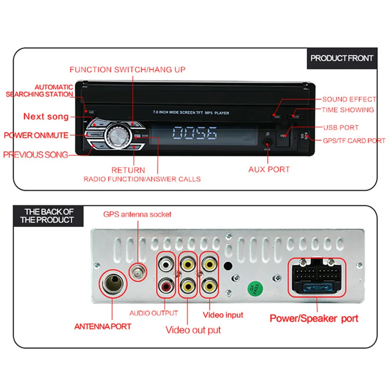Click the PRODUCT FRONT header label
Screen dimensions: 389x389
342,58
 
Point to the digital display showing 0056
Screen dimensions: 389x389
195,133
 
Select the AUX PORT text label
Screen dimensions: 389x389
269,170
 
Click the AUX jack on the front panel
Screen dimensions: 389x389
267,143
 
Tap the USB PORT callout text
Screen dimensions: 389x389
341,127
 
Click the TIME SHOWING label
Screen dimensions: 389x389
348,110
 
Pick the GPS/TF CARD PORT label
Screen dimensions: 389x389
354,141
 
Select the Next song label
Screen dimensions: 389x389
46,117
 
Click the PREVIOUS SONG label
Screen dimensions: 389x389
35,155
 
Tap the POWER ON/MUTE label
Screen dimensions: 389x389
36,135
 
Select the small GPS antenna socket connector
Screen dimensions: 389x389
138,273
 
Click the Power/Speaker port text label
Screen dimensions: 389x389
314,319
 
